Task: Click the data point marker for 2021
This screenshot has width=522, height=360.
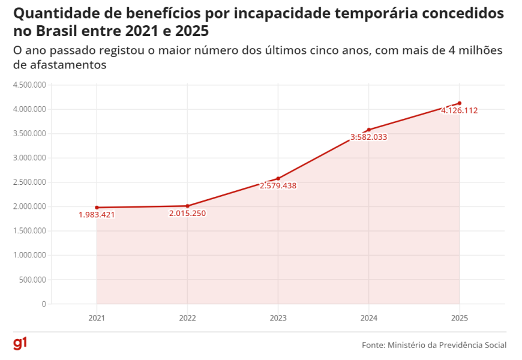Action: (97, 208)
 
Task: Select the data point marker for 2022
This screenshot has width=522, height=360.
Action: (187, 206)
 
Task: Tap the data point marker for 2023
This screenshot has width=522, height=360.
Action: (278, 178)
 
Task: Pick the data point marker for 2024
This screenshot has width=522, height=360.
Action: (368, 130)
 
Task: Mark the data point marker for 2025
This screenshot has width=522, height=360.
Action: (459, 103)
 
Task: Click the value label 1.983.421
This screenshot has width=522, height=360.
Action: (97, 215)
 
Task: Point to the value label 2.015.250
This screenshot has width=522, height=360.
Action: (187, 213)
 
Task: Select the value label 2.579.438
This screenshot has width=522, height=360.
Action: (278, 185)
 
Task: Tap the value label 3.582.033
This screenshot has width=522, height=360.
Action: (368, 137)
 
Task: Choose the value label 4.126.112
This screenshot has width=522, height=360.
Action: (459, 110)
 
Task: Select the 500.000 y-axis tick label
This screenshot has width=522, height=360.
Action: (34, 280)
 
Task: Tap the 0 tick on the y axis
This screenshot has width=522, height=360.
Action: (44, 304)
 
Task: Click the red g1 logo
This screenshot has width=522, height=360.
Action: (20, 344)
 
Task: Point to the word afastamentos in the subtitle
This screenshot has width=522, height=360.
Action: (59, 64)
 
